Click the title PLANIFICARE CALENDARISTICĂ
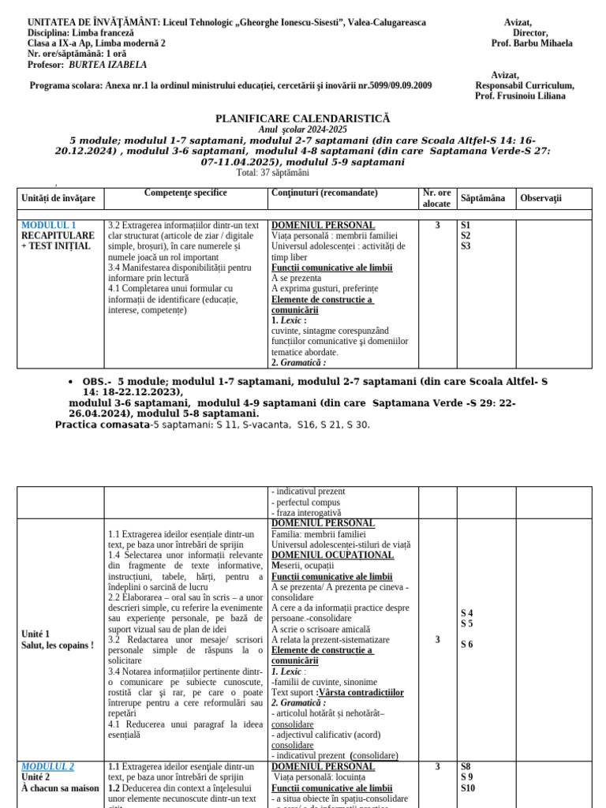303,118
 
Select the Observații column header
541,198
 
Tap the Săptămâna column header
483,198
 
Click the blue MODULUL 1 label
49,225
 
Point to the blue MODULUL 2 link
48,766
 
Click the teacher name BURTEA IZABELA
108,65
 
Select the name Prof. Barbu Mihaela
532,44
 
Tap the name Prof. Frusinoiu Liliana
520,96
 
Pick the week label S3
466,246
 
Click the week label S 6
468,645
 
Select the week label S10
469,787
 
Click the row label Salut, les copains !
58,645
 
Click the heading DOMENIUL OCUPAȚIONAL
322,555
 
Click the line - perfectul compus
306,503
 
